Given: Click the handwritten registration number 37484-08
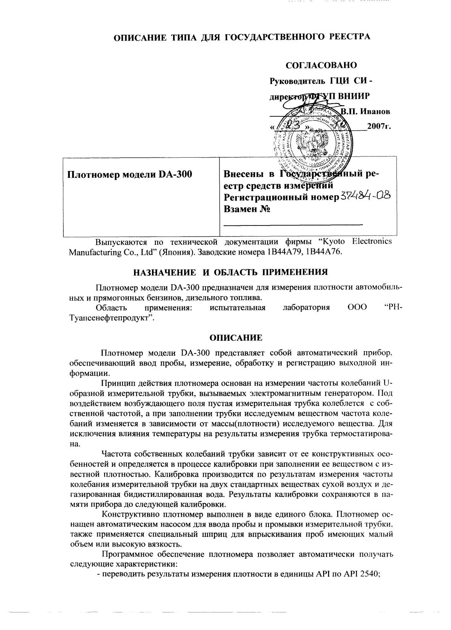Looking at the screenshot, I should point(365,196).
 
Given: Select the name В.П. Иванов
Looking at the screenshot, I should point(365,112).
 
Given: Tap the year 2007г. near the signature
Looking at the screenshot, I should point(378,126).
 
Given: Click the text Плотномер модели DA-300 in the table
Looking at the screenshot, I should point(129,175).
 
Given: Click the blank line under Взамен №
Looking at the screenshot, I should point(293,225).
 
